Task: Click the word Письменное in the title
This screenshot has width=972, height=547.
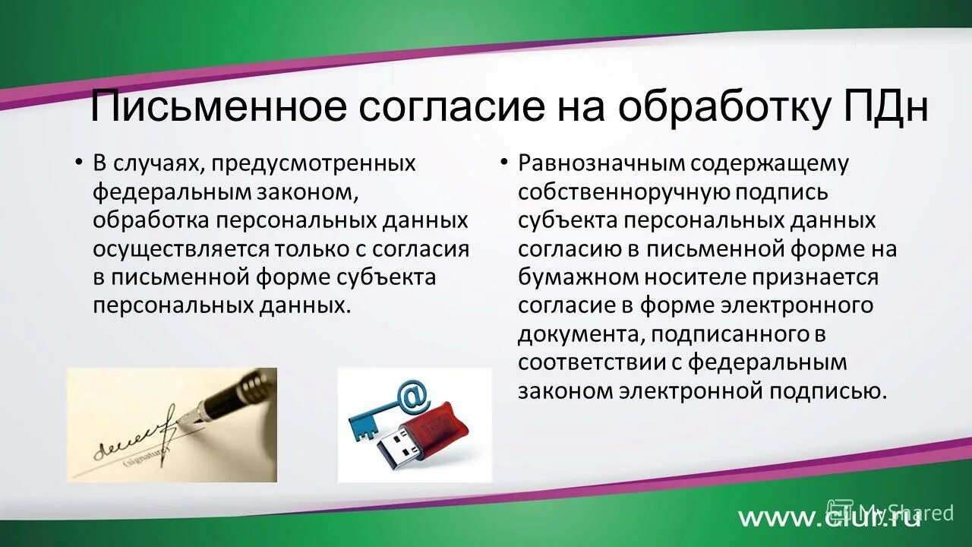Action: pyautogui.click(x=218, y=107)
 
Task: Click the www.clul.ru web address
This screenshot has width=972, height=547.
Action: pyautogui.click(x=828, y=517)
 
